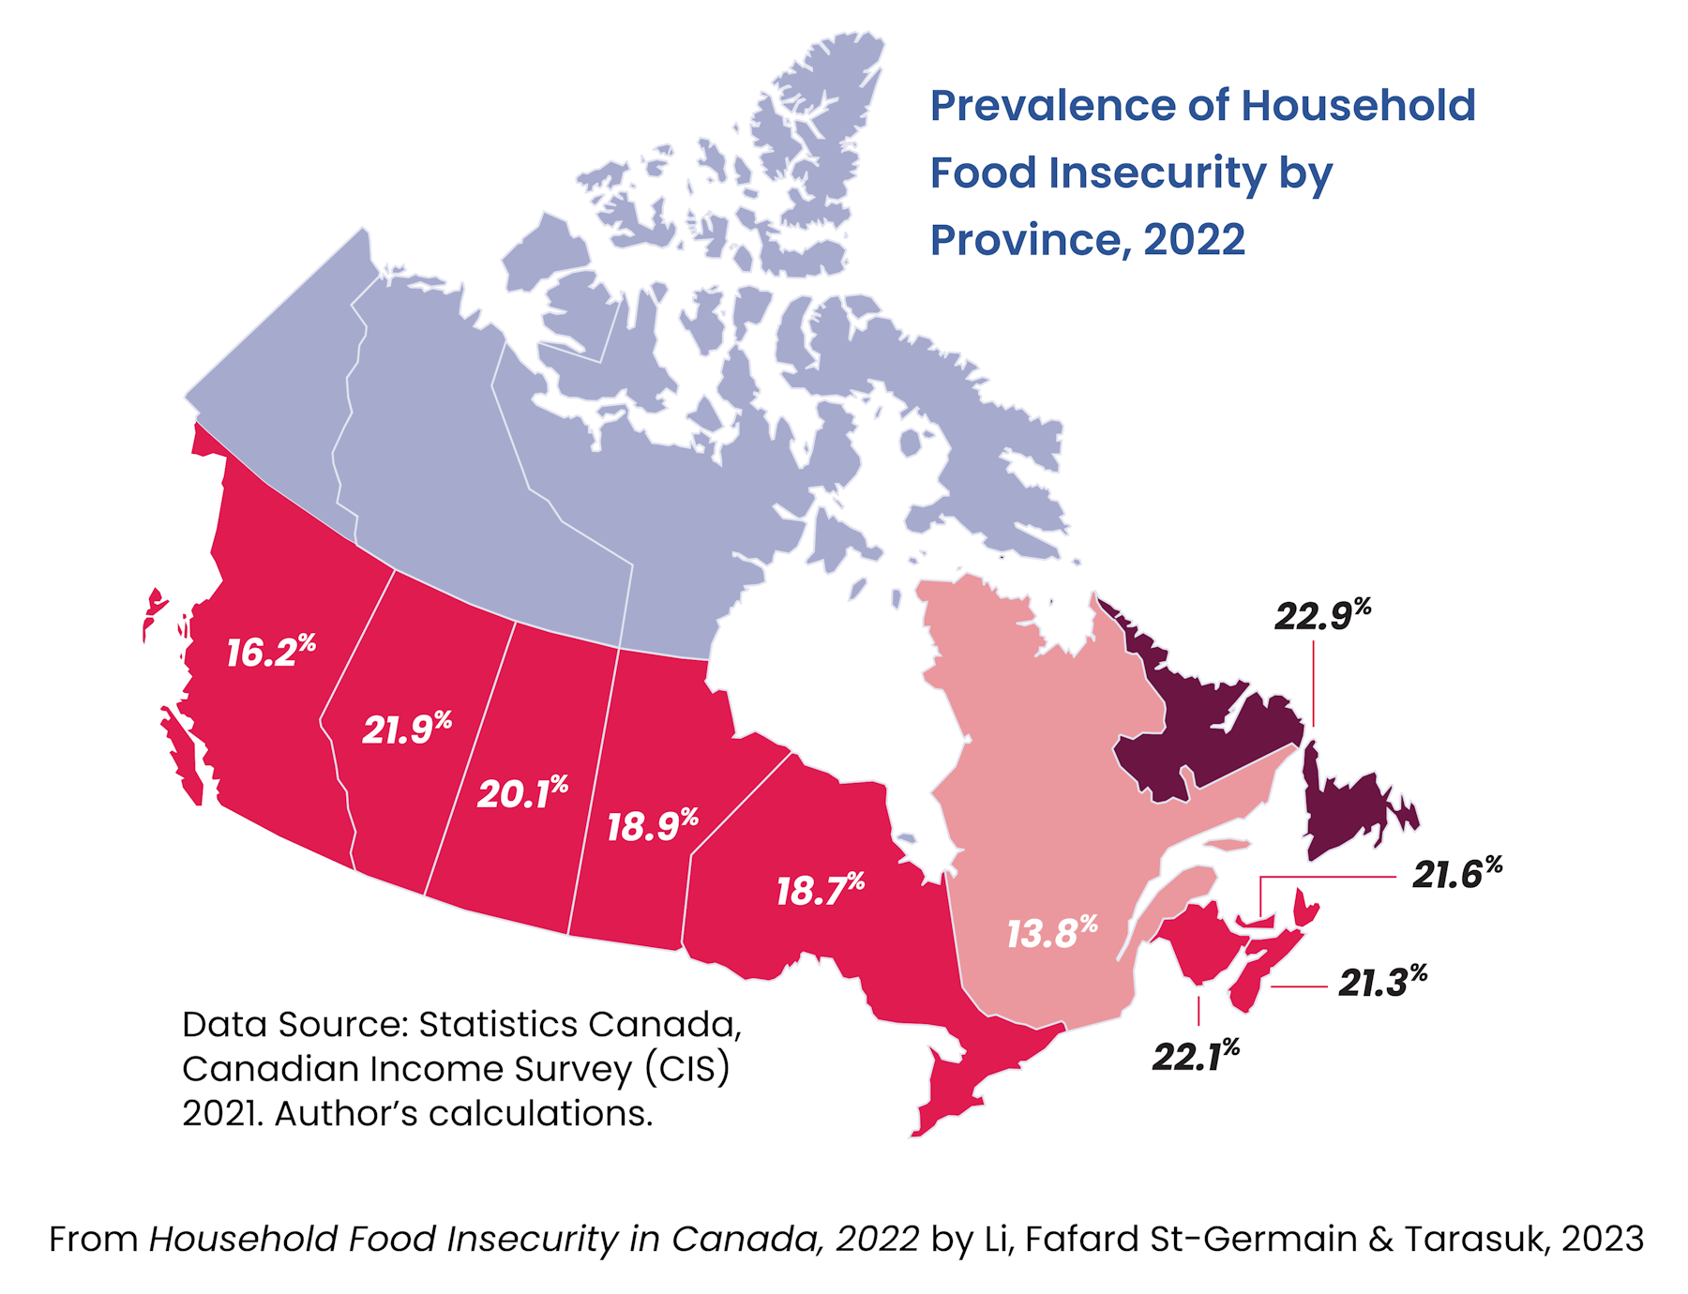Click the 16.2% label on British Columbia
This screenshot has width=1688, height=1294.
[269, 652]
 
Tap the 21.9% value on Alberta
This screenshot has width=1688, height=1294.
[405, 729]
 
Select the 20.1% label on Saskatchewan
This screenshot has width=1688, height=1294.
[521, 793]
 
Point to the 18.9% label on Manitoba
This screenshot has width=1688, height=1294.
[651, 826]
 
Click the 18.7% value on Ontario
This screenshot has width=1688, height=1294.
[819, 890]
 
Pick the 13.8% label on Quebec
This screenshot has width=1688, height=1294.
[1050, 933]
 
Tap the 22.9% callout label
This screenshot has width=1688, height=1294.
[1320, 615]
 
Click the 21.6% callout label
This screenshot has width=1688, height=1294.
[1455, 874]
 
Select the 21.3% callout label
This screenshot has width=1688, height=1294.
[1381, 982]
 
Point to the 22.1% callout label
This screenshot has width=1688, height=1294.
[1195, 1056]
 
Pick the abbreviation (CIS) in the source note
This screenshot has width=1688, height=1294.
[686, 1069]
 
